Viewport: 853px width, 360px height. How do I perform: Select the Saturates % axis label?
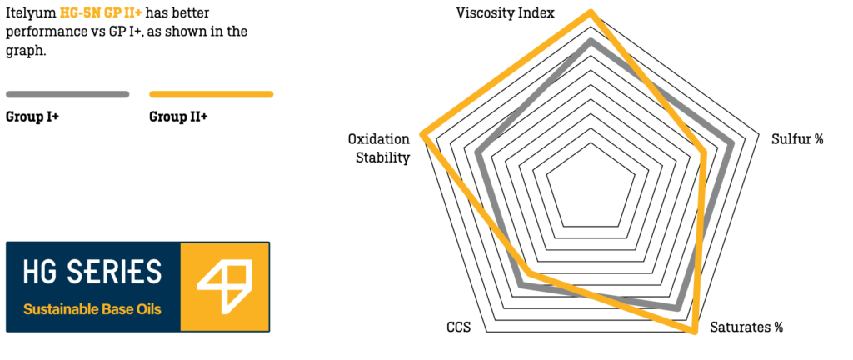[x=746, y=327]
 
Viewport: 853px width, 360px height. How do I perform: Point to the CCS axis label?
[x=458, y=327]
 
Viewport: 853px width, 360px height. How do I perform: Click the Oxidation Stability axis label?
[x=379, y=148]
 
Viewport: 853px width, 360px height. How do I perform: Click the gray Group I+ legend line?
[x=67, y=94]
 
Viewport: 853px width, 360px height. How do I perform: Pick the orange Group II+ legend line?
[x=211, y=94]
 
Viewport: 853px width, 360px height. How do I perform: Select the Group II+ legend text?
[x=178, y=117]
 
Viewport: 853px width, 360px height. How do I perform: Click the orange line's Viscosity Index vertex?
[x=591, y=12]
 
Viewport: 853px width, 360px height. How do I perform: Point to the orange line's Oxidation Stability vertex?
[x=424, y=133]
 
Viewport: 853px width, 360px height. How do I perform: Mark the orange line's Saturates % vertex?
[x=693, y=331]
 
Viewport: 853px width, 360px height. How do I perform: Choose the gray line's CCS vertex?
[x=521, y=285]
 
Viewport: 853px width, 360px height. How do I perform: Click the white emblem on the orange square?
[x=224, y=286]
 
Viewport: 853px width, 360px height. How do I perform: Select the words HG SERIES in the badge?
[x=92, y=272]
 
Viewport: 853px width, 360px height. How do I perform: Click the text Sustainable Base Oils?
[x=92, y=309]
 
